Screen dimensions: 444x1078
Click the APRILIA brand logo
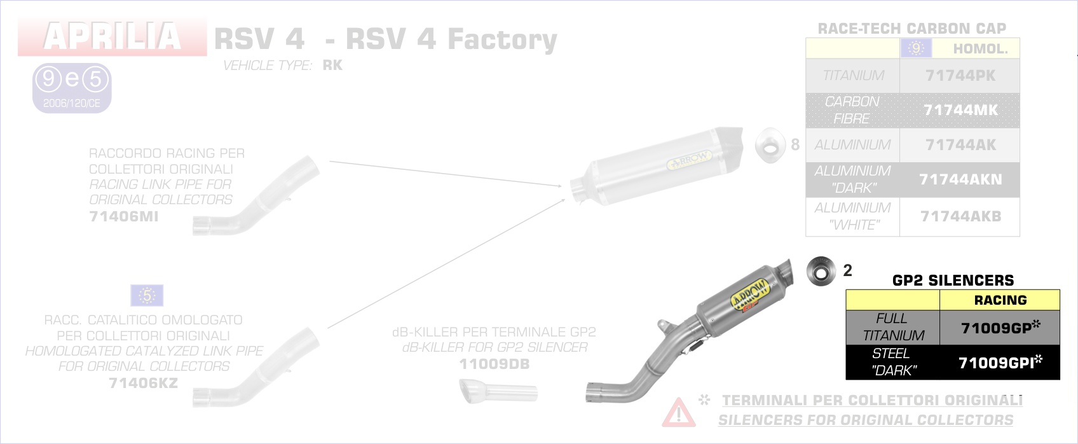(x=113, y=37)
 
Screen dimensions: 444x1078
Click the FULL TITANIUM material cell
(x=892, y=327)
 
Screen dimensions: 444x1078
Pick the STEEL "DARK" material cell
(x=892, y=362)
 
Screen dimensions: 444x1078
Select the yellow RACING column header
(x=1000, y=300)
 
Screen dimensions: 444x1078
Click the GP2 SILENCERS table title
(x=953, y=281)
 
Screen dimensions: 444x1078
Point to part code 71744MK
(x=960, y=110)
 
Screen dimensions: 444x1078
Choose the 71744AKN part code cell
(x=960, y=179)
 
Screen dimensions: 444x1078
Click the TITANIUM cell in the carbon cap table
(x=853, y=76)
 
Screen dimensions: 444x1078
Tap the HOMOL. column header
(x=980, y=49)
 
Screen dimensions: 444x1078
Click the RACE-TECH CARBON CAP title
(x=911, y=29)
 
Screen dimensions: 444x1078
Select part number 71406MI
(x=124, y=216)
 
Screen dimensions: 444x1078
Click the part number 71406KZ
(x=143, y=383)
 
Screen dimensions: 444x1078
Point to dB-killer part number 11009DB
(x=494, y=364)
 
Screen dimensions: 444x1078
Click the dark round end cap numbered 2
(x=821, y=272)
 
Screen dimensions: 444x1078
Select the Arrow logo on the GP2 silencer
(x=750, y=295)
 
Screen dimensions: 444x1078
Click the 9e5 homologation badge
(x=72, y=88)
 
